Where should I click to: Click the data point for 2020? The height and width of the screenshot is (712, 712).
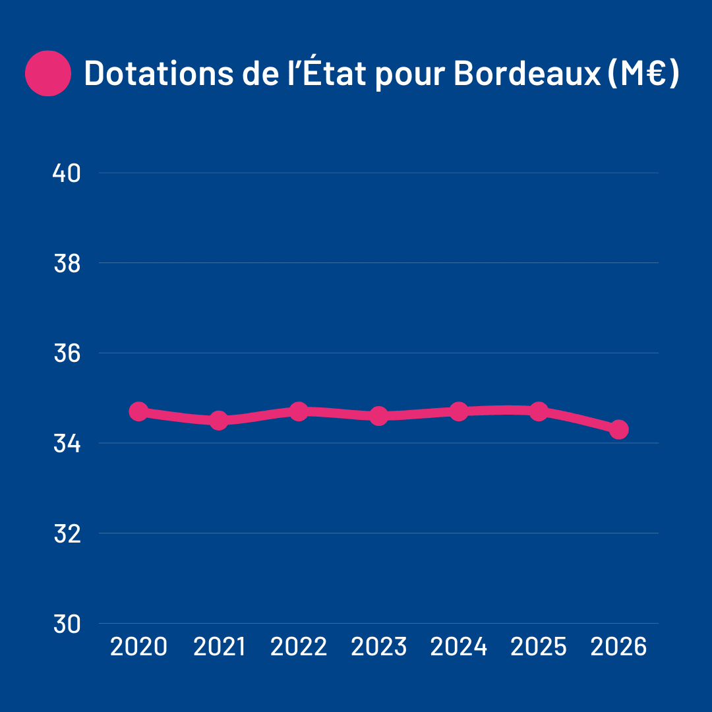[138, 411]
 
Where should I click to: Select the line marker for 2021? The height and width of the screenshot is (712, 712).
[219, 420]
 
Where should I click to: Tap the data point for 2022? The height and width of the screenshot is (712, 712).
[299, 411]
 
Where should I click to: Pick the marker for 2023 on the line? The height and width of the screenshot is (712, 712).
[378, 416]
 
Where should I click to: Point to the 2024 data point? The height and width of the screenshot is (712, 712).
[459, 411]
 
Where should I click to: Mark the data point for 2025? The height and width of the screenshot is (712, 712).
[539, 411]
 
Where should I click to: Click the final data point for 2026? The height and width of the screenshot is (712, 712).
[618, 429]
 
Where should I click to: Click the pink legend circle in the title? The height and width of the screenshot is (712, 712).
[47, 73]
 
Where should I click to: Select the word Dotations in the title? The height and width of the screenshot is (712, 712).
[156, 73]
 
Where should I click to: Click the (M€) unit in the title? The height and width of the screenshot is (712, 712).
[641, 73]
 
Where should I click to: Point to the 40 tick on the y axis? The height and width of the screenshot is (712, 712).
[66, 173]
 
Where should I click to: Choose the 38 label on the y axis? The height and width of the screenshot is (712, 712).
[66, 263]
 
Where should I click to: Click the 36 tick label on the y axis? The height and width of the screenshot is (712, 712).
[66, 353]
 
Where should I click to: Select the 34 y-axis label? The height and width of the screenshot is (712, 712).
[66, 443]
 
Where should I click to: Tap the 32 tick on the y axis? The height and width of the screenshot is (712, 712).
[66, 533]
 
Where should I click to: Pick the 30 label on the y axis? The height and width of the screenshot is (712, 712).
[66, 623]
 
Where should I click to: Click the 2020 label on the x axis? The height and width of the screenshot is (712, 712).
[138, 647]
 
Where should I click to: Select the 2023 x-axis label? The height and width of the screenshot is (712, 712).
[378, 647]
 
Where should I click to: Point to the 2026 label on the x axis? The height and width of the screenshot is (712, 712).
[618, 647]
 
